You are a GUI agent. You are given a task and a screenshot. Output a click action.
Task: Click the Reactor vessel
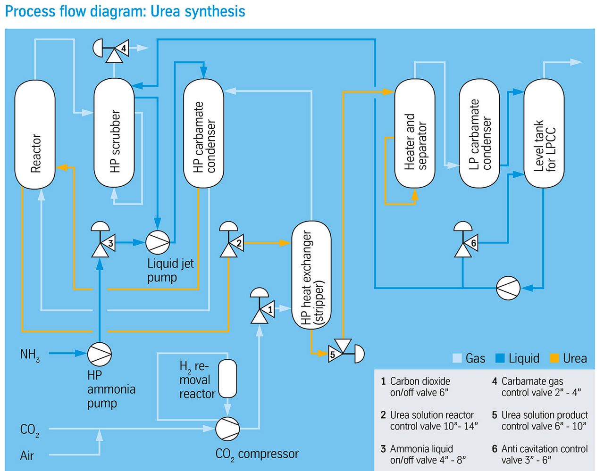click(x=35, y=135)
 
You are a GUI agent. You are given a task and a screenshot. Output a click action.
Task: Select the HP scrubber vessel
click(x=114, y=133)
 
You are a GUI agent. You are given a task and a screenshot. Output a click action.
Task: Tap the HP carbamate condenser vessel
click(x=203, y=133)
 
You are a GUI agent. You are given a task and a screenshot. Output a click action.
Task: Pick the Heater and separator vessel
click(x=415, y=133)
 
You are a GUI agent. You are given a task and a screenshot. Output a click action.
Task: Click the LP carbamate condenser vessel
click(x=479, y=133)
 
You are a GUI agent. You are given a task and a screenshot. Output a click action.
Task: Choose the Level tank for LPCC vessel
click(x=544, y=133)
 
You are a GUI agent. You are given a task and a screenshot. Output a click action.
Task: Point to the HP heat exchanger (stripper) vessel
click(x=311, y=275)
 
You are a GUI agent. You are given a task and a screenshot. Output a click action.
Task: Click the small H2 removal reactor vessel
click(x=227, y=379)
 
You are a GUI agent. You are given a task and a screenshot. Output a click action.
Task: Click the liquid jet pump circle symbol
click(x=158, y=242)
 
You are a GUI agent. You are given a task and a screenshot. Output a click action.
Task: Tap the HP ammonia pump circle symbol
click(x=100, y=354)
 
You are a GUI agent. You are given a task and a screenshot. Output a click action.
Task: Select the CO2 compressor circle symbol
click(x=227, y=429)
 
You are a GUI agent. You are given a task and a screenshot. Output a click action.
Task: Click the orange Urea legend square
click(x=554, y=358)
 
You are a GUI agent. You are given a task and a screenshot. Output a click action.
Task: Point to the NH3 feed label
click(x=30, y=355)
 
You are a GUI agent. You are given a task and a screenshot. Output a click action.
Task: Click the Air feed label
click(x=27, y=456)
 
